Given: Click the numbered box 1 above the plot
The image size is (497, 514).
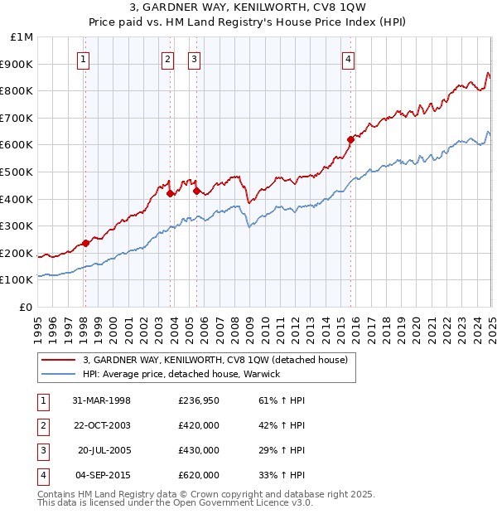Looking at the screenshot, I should point(84,59).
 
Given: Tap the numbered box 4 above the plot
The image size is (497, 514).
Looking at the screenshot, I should point(349,59).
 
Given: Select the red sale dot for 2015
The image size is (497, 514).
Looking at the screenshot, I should point(350,140).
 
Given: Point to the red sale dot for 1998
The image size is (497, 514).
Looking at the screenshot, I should point(85,243).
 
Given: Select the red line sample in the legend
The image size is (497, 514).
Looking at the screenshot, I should point(58,360).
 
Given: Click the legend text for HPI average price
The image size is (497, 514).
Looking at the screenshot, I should point(181,374).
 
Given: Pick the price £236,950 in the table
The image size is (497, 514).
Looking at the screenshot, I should point(199,400).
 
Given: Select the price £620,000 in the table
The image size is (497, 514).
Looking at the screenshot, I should point(199,475).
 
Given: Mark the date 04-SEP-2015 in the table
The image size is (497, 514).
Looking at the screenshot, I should point(101,475).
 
